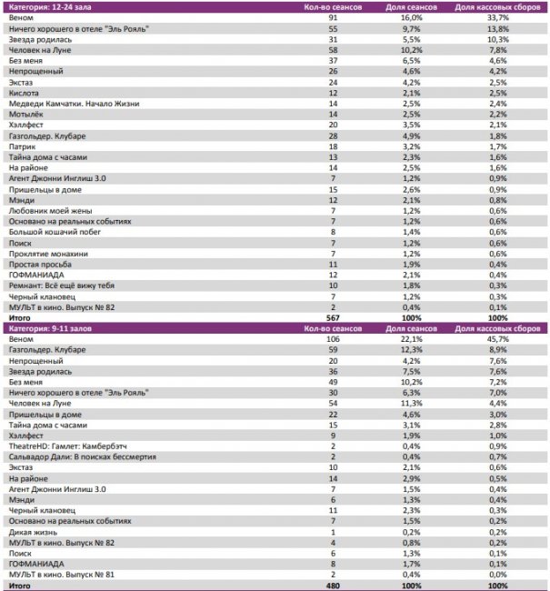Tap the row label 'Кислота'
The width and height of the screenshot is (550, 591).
[x=24, y=93]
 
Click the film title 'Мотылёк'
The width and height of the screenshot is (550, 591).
[x=26, y=114]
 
